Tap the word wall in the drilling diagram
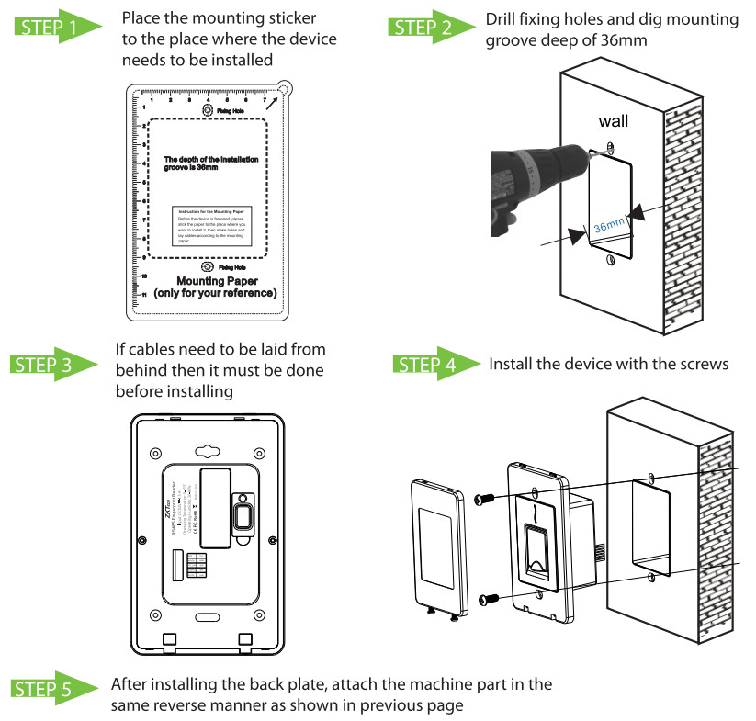coord(614,121)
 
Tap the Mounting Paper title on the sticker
coord(217,281)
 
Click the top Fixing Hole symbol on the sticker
coord(208,110)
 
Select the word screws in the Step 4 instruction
coord(703,365)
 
